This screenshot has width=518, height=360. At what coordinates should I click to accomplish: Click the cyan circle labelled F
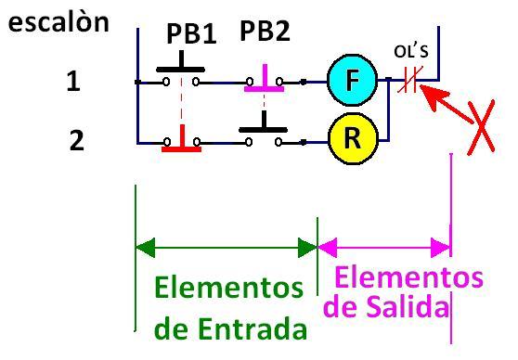(352, 82)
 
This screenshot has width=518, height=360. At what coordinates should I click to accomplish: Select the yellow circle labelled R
(352, 140)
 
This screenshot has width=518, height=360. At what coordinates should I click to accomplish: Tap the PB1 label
(191, 33)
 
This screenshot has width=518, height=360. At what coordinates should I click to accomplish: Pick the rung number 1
(73, 83)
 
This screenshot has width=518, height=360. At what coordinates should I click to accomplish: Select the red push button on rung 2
(180, 144)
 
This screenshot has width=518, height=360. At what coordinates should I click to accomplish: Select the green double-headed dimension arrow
(227, 247)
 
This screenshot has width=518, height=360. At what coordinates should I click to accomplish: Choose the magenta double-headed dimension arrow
(383, 247)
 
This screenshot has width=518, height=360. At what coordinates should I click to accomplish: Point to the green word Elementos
(228, 288)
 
